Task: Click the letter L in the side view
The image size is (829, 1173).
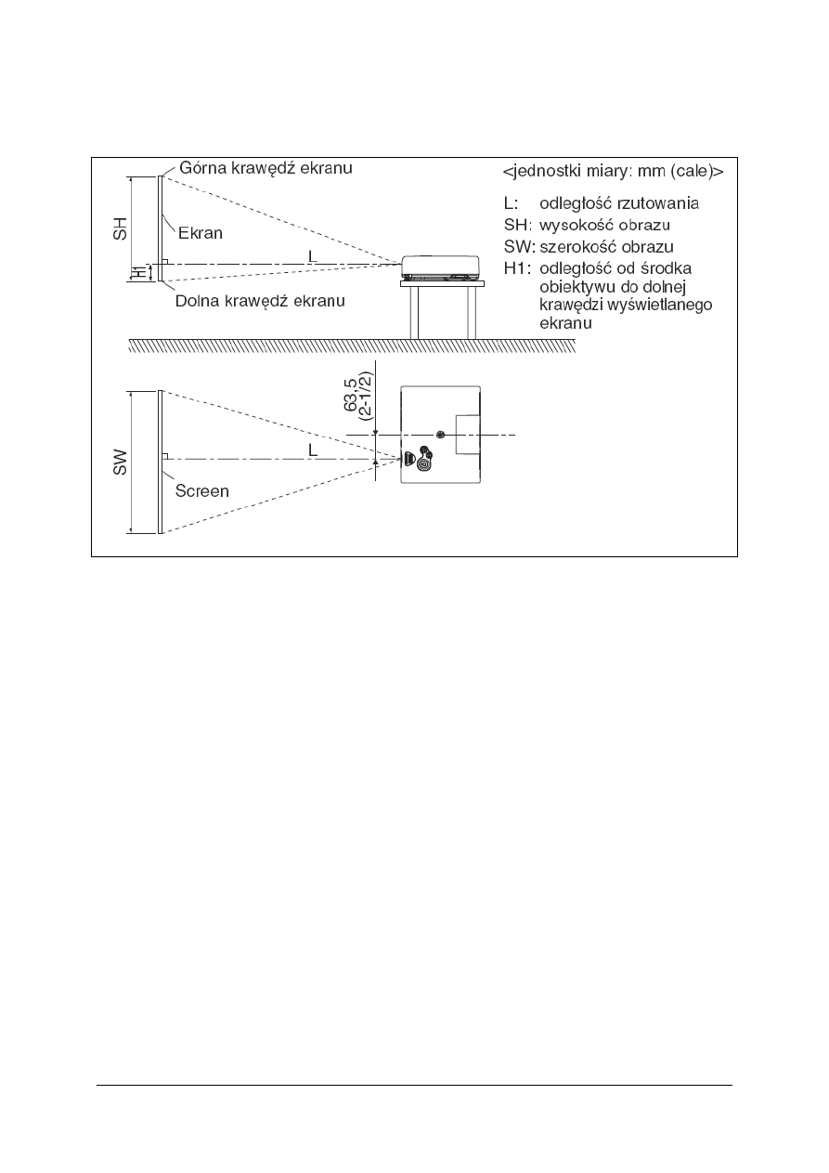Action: pos(313,254)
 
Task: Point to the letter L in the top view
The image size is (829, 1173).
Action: pos(313,449)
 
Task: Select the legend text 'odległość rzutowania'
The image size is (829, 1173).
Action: pos(619,203)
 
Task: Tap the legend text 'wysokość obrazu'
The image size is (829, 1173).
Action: pos(605,226)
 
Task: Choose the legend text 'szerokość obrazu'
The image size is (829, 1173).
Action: pos(606,247)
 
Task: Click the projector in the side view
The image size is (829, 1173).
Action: pos(440,268)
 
